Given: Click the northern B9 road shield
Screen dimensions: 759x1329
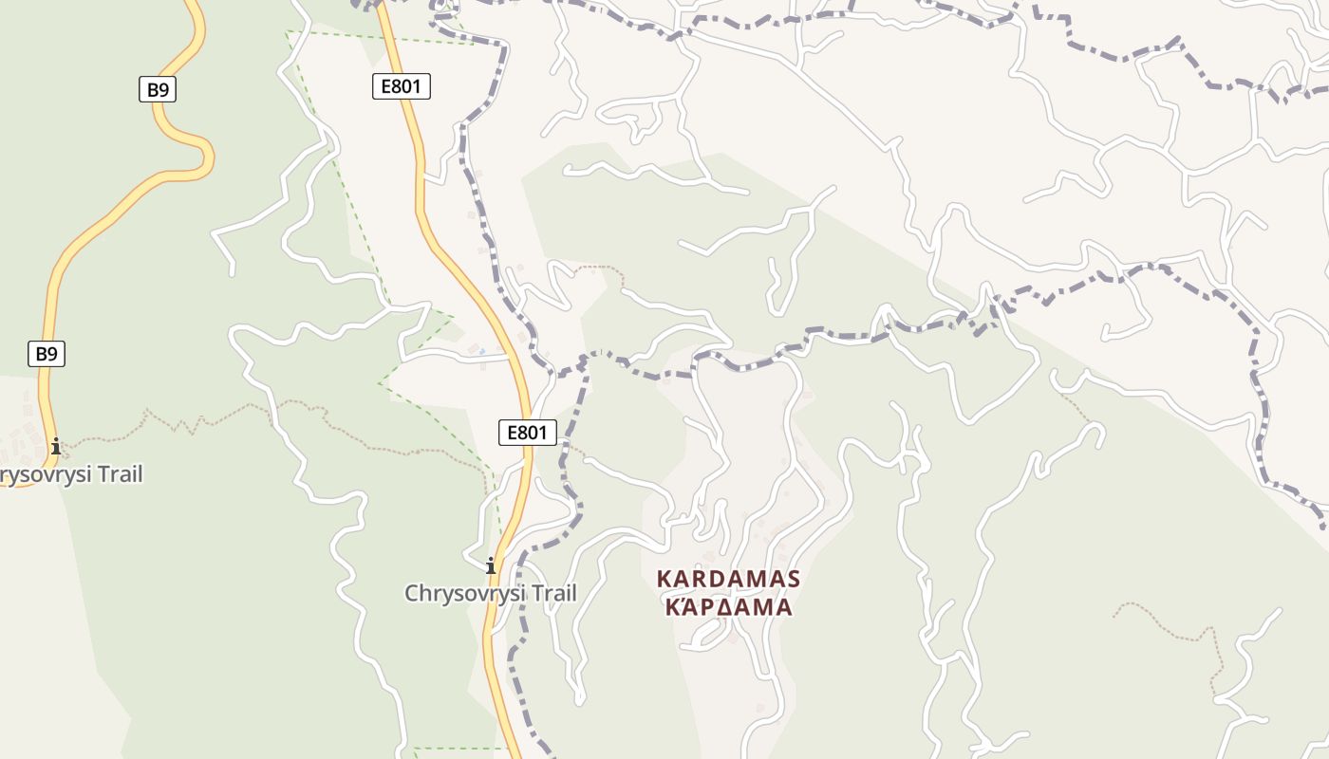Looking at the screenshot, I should click(x=158, y=90).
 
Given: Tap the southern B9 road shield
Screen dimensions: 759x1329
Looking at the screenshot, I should click(x=46, y=355).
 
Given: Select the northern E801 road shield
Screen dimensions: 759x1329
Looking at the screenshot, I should click(x=401, y=87).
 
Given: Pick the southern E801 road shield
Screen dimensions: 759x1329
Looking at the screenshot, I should click(x=527, y=434).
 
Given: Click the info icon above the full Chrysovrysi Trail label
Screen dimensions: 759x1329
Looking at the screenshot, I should click(x=491, y=566).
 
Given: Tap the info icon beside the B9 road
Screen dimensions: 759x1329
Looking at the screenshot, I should click(x=56, y=445).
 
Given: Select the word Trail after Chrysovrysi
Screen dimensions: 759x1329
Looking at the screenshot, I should click(x=547, y=594).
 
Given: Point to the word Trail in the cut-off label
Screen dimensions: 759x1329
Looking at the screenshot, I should click(x=112, y=474).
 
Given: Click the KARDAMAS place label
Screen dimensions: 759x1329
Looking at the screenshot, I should click(x=728, y=579).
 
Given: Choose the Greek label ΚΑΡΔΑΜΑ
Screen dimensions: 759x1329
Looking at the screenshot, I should click(x=728, y=607).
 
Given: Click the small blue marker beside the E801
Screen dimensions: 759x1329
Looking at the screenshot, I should click(x=481, y=352).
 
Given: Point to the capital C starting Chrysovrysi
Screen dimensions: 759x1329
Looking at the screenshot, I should click(x=412, y=594).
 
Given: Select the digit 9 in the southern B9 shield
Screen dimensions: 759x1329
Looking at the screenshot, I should click(x=52, y=355).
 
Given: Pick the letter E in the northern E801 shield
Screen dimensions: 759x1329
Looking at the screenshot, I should click(x=386, y=87).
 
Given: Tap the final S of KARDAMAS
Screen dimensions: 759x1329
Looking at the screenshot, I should click(x=794, y=579).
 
